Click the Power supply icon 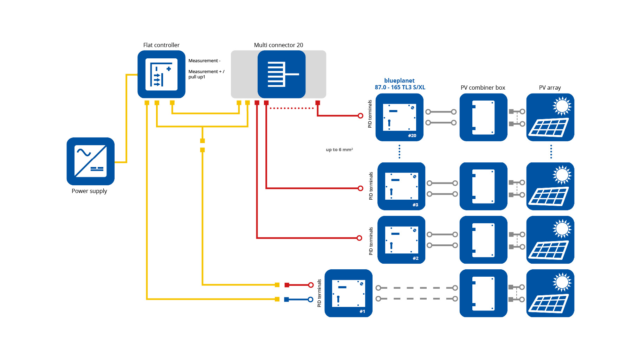point(90,161)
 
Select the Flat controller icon point(161,74)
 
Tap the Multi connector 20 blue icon point(281,74)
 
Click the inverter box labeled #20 point(399,117)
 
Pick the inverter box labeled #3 point(401,186)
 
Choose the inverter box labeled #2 point(401,240)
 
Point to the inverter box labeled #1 point(348,293)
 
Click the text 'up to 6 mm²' point(339,150)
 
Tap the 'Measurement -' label point(204,61)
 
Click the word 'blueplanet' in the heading point(399,81)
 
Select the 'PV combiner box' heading point(483,88)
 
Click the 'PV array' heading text point(550,88)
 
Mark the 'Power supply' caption point(89,191)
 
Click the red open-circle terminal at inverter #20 point(360,116)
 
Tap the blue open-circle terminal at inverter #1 point(310,300)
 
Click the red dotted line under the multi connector point(292,108)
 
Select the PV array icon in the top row point(550,117)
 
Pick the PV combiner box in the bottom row point(483,293)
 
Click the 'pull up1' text point(197,77)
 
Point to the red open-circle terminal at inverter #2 point(359,238)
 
